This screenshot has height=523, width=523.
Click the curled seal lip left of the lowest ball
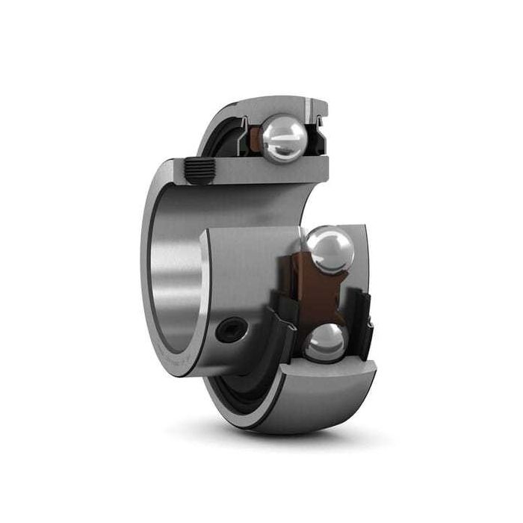tap(282, 329)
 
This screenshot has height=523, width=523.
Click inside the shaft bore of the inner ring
tap(179, 284)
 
